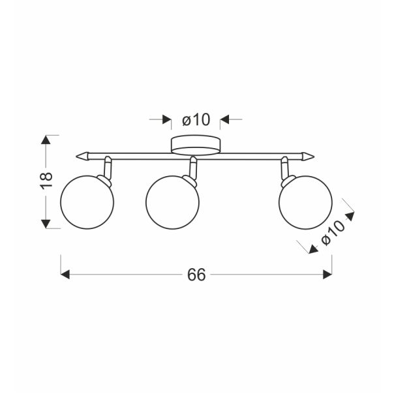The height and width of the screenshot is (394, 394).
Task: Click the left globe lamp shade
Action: click(x=88, y=202)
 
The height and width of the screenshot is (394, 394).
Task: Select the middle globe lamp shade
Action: click(x=172, y=202)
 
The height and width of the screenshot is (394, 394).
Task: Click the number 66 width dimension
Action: click(x=196, y=275)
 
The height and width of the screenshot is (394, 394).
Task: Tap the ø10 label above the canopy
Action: click(x=195, y=120)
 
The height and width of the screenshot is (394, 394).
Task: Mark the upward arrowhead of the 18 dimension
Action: click(x=46, y=140)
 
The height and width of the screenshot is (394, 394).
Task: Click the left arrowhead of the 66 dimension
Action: click(x=65, y=275)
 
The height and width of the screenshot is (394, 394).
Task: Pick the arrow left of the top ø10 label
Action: click(x=164, y=120)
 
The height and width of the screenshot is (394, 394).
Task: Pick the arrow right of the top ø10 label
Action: click(x=226, y=120)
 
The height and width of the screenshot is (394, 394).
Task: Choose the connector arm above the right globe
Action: click(x=284, y=168)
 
